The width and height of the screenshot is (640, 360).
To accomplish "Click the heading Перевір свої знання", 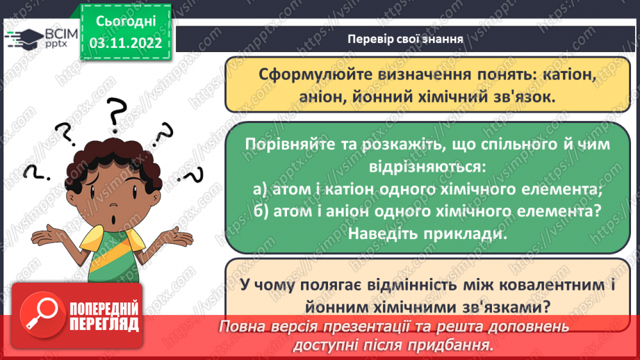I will pyautogui.click(x=405, y=38).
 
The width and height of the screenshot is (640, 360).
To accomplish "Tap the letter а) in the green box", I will pyautogui.click(x=260, y=188).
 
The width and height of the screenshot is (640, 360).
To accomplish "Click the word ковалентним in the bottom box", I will pyautogui.click(x=516, y=283).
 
